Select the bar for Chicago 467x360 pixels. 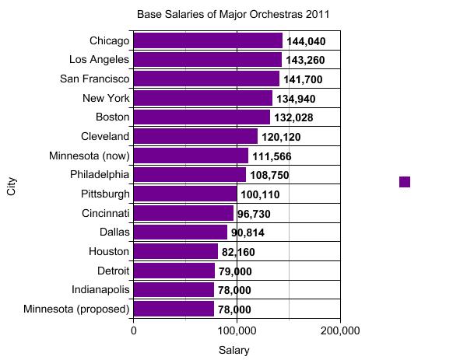208,40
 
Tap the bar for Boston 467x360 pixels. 202,117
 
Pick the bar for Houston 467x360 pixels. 176,251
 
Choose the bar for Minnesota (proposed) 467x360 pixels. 174,309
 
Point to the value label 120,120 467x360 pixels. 281,137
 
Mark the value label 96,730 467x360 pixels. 254,213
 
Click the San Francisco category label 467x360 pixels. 94,79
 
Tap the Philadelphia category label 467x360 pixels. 99,174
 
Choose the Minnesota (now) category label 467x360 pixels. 90,155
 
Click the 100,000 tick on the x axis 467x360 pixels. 237,330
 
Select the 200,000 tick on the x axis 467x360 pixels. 340,330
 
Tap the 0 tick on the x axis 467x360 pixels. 134,330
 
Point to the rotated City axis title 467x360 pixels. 12,187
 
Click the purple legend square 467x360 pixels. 405,181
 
